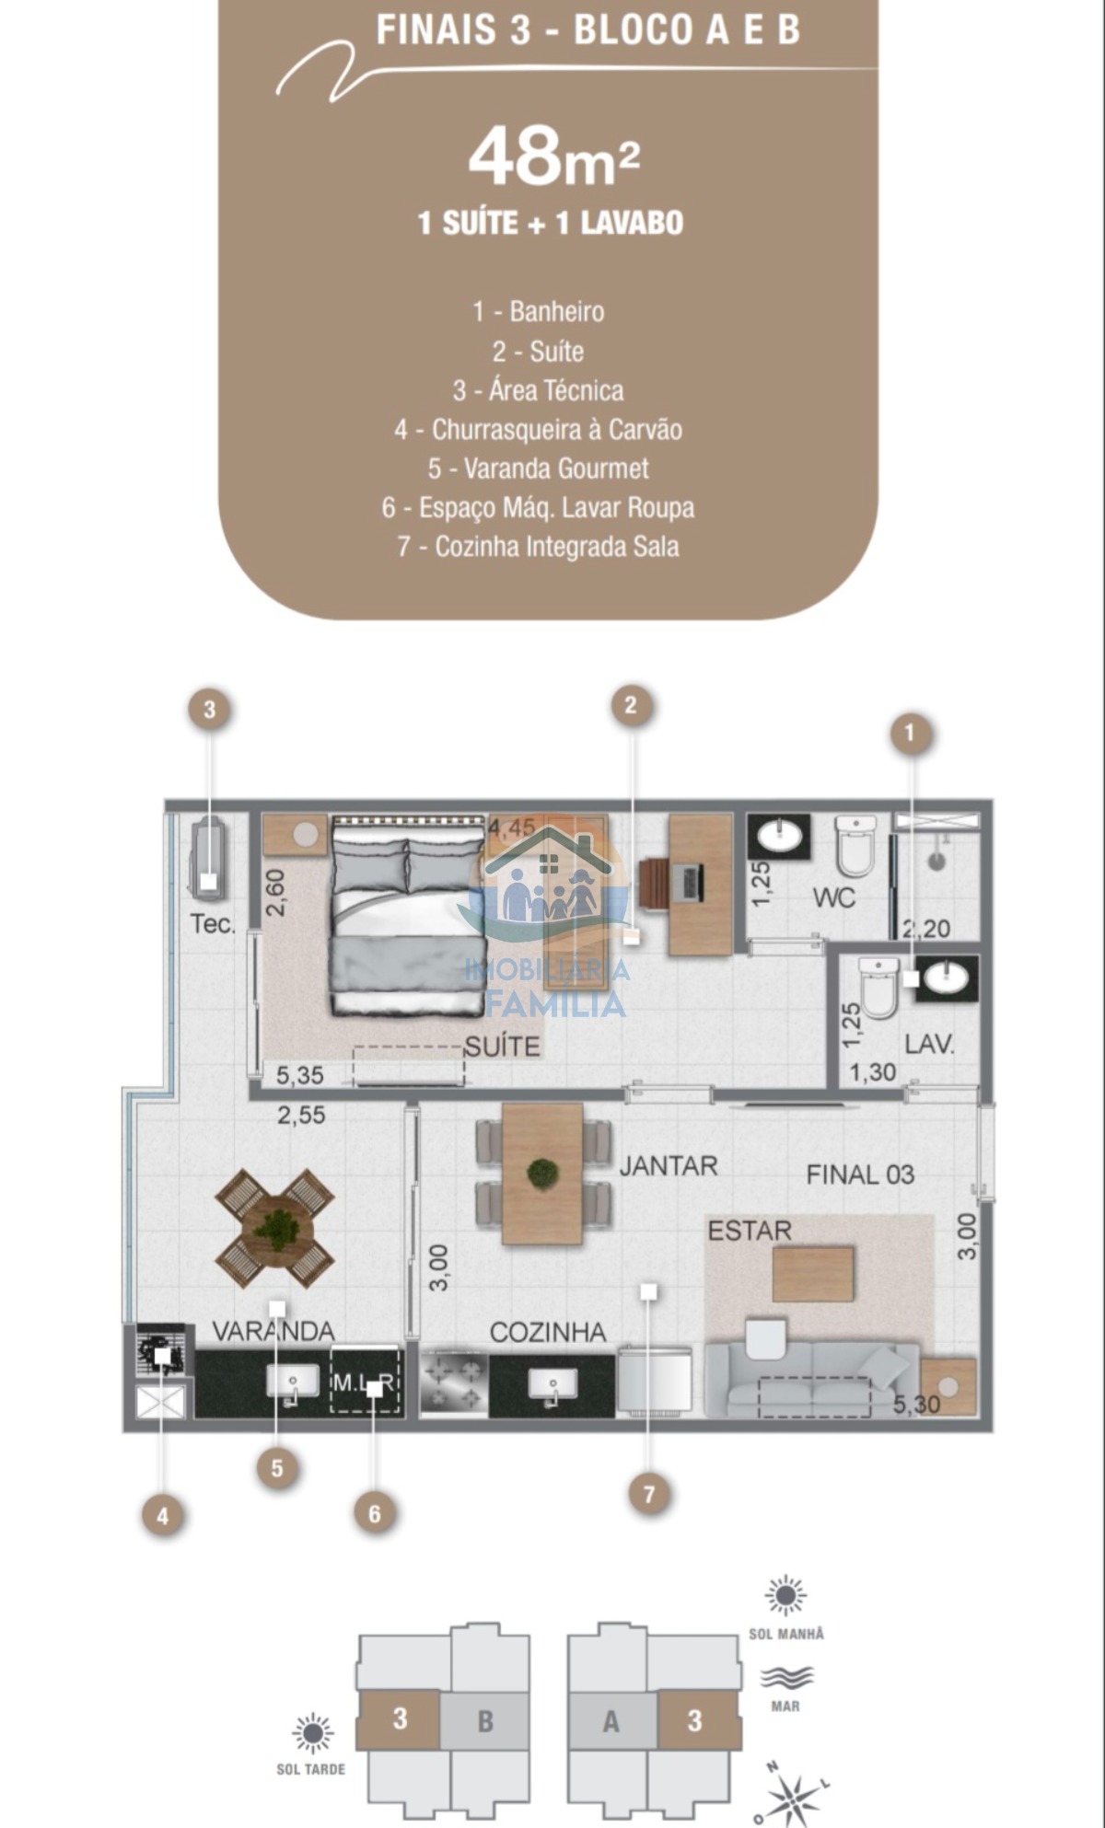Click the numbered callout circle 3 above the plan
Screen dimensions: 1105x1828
click(210, 710)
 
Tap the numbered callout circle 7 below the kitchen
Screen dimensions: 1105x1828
click(649, 1493)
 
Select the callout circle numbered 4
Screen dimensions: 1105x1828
click(163, 1516)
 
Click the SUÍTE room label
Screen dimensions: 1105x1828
click(502, 1047)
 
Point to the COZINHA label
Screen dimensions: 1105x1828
click(548, 1332)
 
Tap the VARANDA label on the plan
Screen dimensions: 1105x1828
click(273, 1331)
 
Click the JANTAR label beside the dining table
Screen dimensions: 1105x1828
click(669, 1166)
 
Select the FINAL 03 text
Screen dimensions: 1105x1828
click(860, 1174)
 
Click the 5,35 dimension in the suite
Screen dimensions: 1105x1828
click(300, 1074)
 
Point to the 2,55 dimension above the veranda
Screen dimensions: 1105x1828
click(302, 1116)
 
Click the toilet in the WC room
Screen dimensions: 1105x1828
click(855, 845)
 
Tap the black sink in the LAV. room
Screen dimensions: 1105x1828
click(947, 978)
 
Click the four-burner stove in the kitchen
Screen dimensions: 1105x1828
click(454, 1383)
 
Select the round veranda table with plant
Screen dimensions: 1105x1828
click(275, 1228)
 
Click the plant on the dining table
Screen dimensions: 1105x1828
click(542, 1174)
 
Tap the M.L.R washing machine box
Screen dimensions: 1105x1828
click(365, 1380)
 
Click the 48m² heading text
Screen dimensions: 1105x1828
click(553, 156)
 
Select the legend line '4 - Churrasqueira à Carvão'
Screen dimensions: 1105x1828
click(539, 430)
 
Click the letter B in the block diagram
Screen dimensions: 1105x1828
click(485, 1720)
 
